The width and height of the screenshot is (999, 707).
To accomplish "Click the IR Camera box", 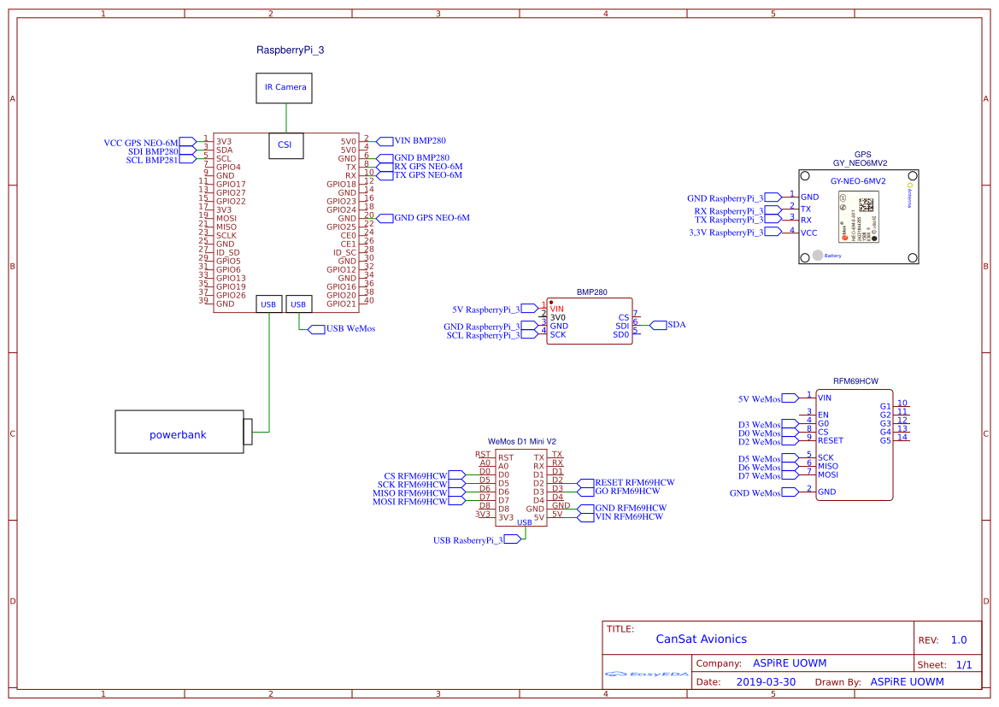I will (x=285, y=87).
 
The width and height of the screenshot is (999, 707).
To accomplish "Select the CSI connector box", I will (x=285, y=145).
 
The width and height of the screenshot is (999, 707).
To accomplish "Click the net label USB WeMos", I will (x=350, y=328).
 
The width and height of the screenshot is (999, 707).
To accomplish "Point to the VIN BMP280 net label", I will (x=420, y=140).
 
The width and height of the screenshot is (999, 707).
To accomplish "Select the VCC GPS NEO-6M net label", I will (x=141, y=143).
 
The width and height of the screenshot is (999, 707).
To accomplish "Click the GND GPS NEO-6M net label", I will (x=432, y=218).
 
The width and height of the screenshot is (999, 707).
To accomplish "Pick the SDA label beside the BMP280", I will (x=676, y=325).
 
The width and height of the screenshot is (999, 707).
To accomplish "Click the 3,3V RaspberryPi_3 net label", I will (x=726, y=233).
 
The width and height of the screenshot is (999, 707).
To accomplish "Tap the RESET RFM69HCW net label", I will (x=635, y=483).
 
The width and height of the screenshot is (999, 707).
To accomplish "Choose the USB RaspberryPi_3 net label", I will (x=467, y=540).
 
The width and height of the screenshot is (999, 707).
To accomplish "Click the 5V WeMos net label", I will (x=760, y=399).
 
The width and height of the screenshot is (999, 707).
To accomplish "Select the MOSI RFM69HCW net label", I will (x=409, y=502).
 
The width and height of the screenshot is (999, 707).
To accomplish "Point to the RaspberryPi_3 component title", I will (x=290, y=50).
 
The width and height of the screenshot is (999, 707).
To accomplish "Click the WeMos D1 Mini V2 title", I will (x=521, y=442).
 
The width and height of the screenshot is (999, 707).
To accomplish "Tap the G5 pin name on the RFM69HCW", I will (x=885, y=440).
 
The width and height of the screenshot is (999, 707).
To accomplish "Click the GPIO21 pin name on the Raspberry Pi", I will (x=341, y=303).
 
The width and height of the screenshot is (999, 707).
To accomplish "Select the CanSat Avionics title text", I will (x=701, y=639).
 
